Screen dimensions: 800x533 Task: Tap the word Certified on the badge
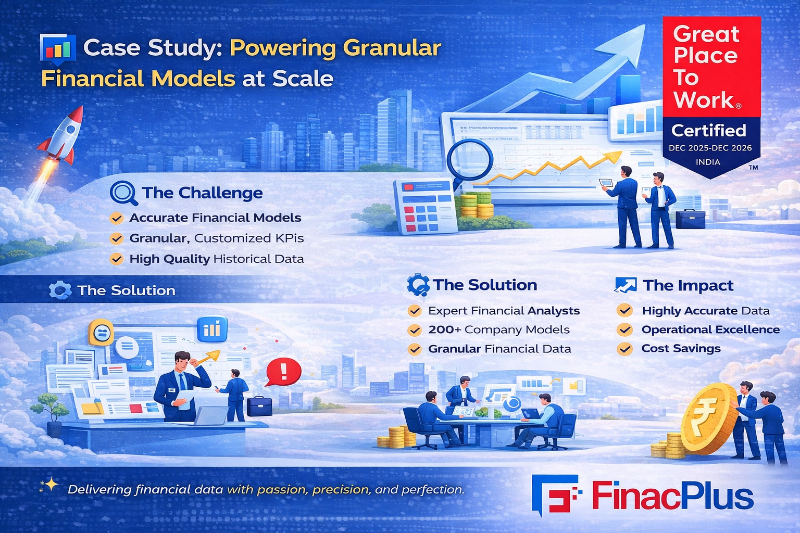[708, 131]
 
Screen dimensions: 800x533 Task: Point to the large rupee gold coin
[708, 420]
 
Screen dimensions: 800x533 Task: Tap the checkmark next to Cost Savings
[624, 348]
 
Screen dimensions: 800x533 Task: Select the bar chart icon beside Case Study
[57, 49]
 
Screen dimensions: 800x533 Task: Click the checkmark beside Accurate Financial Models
[117, 218]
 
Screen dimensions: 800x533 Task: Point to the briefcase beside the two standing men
[690, 219]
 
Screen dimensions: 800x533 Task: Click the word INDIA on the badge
[708, 162]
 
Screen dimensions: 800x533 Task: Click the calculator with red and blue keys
[424, 207]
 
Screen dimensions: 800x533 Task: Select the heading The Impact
[688, 286]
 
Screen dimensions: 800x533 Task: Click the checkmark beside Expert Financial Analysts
[415, 311]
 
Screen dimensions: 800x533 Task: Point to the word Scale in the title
[303, 79]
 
